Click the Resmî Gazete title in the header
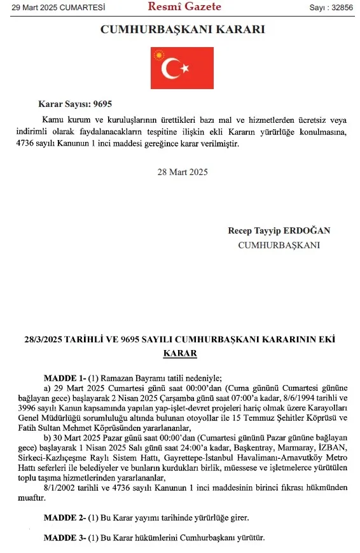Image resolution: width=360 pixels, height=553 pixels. (x=184, y=7)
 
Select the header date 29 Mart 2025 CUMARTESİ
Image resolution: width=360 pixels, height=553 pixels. (x=53, y=8)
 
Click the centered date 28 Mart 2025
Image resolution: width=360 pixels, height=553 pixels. (x=183, y=172)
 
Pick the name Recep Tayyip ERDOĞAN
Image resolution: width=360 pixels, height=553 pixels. (x=279, y=230)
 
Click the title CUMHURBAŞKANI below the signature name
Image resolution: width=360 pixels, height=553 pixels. (x=279, y=244)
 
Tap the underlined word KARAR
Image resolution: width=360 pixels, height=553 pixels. (x=181, y=353)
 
